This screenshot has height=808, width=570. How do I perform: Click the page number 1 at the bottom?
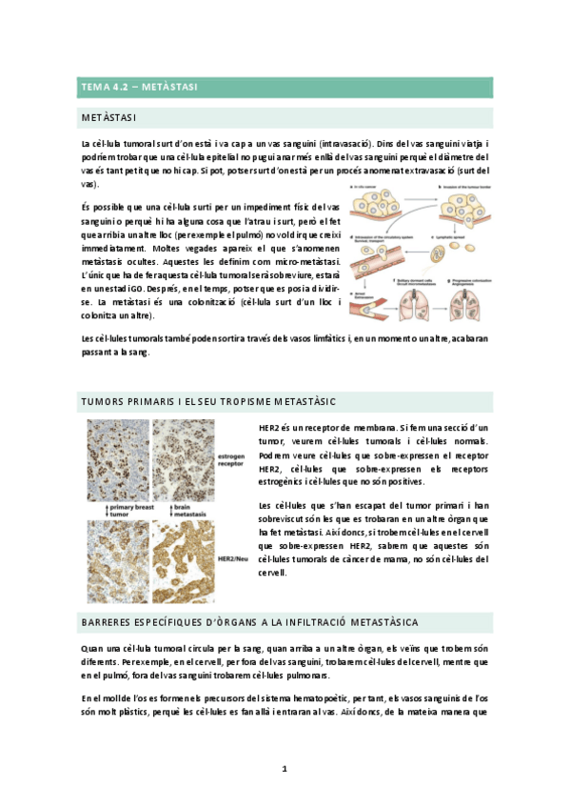[x=285, y=768]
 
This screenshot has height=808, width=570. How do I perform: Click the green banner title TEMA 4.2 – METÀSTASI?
[x=139, y=87]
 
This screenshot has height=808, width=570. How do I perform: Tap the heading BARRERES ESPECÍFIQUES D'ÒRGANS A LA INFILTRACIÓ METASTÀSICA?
[x=249, y=621]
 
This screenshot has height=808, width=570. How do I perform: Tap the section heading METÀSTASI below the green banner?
[x=109, y=118]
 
